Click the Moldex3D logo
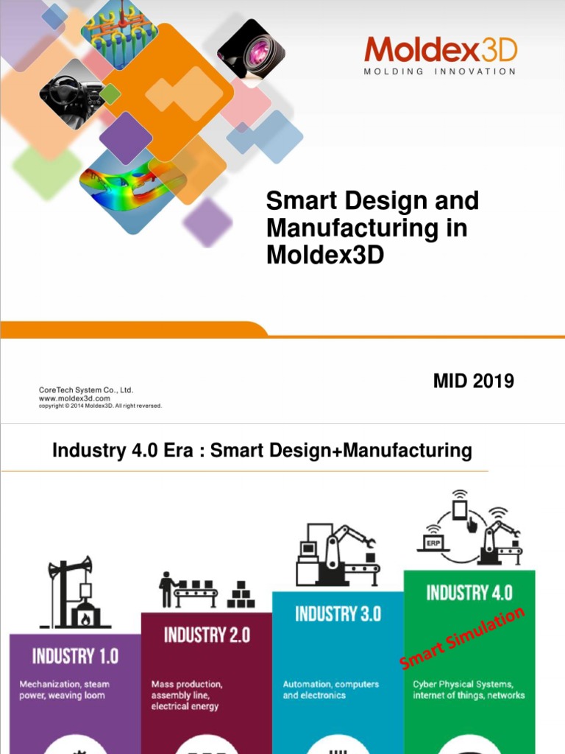click(x=440, y=50)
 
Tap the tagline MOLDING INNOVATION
click(x=440, y=71)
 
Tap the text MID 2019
click(x=473, y=381)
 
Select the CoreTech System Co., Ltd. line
click(x=85, y=390)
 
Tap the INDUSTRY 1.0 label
click(x=74, y=656)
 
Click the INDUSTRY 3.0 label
click(x=338, y=613)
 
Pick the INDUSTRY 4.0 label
click(x=469, y=592)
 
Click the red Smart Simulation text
click(x=463, y=638)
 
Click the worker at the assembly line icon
click(x=168, y=590)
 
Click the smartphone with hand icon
click(x=462, y=512)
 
